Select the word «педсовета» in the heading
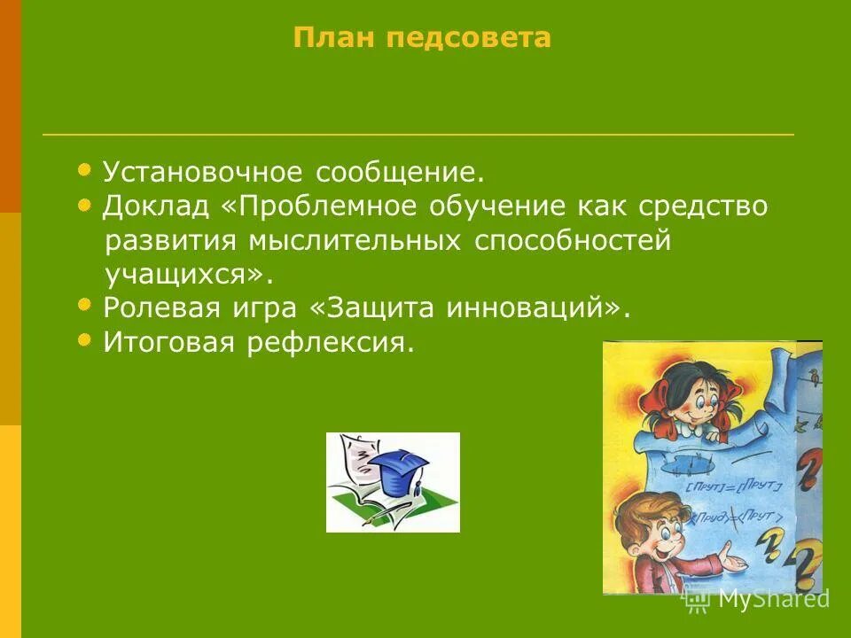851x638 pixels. (465, 38)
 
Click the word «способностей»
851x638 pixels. (573, 241)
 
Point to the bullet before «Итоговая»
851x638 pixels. (84, 338)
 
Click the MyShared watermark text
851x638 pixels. (772, 599)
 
